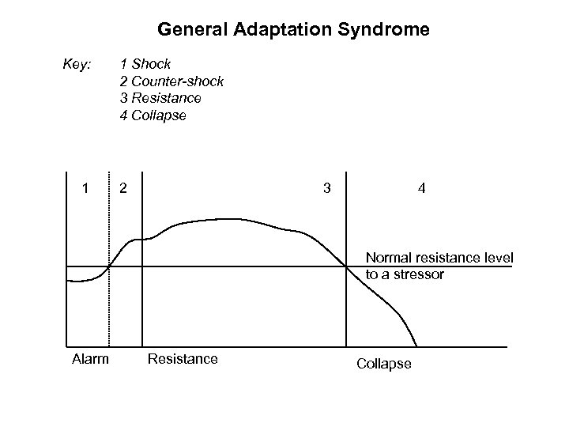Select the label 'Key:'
(77, 62)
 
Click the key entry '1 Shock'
(145, 63)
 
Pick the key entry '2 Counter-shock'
(171, 81)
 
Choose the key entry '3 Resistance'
(160, 98)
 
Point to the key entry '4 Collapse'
(153, 115)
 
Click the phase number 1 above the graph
(85, 189)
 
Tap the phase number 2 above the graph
(122, 189)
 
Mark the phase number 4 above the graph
(424, 189)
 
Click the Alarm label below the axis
(90, 360)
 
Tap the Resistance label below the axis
(183, 360)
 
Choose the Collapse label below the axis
(384, 364)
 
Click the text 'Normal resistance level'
(439, 258)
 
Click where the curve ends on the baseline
(416, 346)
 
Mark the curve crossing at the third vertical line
(347, 266)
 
